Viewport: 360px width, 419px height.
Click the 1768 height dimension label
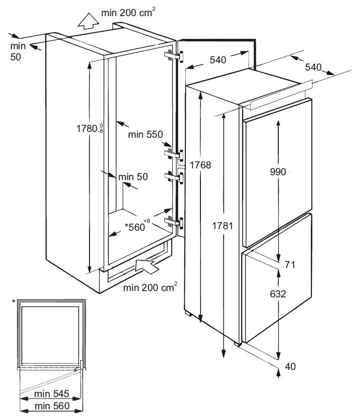point(201,165)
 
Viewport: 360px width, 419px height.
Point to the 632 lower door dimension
point(278,293)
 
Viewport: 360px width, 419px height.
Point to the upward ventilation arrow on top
point(88,22)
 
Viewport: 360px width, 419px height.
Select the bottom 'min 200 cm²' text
point(150,288)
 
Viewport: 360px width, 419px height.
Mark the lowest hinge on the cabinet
point(173,222)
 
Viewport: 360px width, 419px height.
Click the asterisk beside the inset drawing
point(14,302)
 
